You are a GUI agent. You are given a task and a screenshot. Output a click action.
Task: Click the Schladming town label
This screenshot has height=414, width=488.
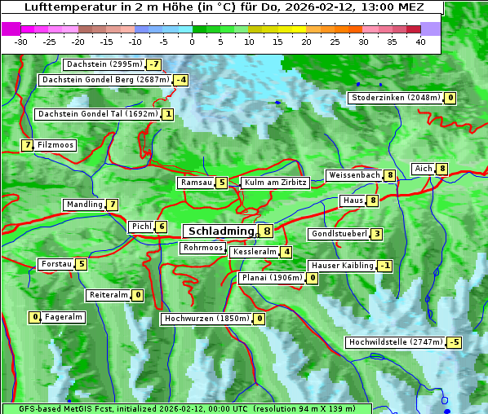pyautogui.click(x=221, y=231)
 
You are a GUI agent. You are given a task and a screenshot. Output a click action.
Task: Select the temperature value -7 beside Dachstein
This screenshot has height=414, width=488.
pyautogui.click(x=154, y=64)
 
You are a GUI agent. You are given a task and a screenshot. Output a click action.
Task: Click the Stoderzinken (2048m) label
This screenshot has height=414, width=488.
pyautogui.click(x=395, y=98)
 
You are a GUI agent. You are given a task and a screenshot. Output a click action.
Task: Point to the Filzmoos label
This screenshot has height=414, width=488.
pyautogui.click(x=55, y=145)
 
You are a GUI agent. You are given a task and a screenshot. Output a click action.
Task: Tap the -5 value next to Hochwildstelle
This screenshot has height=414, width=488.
pyautogui.click(x=454, y=342)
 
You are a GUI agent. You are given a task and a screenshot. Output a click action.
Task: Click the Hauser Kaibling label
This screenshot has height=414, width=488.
pyautogui.click(x=342, y=266)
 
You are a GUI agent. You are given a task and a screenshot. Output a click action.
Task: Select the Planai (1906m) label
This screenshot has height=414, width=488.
pyautogui.click(x=272, y=278)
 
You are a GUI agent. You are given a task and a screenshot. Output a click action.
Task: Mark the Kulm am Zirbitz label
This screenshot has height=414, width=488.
pyautogui.click(x=275, y=183)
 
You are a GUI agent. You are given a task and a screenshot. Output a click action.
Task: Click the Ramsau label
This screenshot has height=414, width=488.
pyautogui.click(x=196, y=183)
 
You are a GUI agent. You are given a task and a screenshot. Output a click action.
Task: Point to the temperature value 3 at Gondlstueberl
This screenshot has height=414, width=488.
pyautogui.click(x=376, y=235)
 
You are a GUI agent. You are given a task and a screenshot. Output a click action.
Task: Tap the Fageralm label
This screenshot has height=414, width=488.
pyautogui.click(x=63, y=317)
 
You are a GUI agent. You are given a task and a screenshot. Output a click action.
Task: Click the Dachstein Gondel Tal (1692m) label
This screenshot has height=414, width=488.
pyautogui.click(x=98, y=114)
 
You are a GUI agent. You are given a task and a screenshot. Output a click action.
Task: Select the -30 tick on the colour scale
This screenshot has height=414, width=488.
pyautogui.click(x=21, y=42)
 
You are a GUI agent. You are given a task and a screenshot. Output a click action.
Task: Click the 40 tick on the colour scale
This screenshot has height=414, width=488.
pyautogui.click(x=420, y=42)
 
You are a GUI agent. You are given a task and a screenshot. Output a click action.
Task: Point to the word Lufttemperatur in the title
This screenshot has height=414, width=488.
pyautogui.click(x=62, y=7)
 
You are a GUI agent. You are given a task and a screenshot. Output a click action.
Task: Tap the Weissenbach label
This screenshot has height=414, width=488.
pyautogui.click(x=353, y=175)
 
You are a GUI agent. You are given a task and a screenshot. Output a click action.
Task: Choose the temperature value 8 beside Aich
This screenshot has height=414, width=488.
pyautogui.click(x=442, y=169)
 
